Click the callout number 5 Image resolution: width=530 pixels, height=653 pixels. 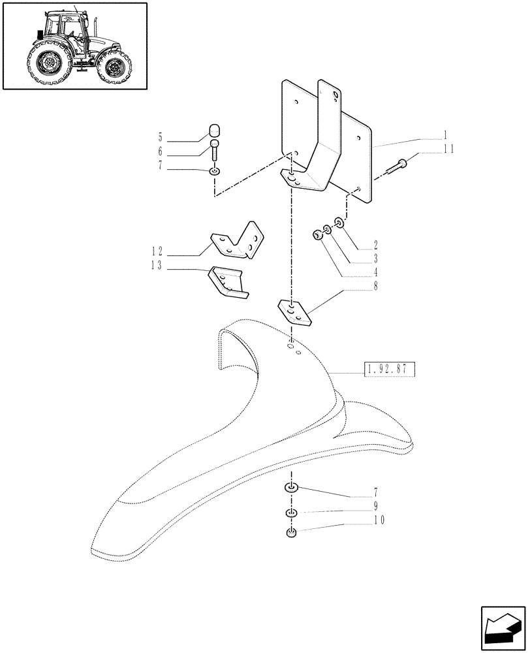pos(160,138)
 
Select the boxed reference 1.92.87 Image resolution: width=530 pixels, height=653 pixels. pos(387,370)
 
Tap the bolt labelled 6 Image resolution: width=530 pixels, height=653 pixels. pos(215,151)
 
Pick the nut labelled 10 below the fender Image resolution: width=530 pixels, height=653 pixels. pos(292,534)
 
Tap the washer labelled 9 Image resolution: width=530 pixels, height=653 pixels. pos(292,512)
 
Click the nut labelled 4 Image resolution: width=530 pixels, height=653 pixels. pos(317,235)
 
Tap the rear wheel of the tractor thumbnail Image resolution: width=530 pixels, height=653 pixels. pos(48,65)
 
